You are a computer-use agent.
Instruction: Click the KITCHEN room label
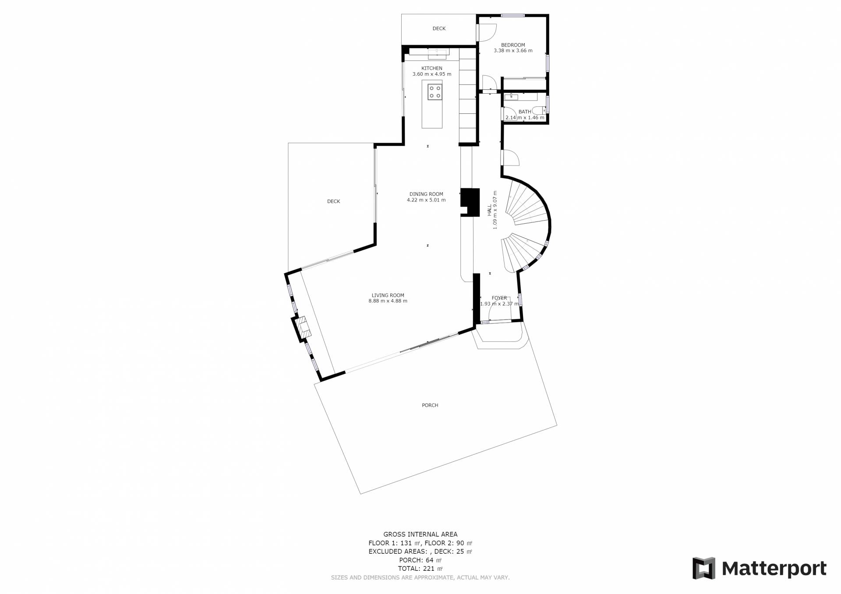pyautogui.click(x=432, y=68)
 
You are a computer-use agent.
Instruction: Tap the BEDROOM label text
pyautogui.click(x=513, y=45)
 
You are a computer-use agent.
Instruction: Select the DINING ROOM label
pyautogui.click(x=426, y=194)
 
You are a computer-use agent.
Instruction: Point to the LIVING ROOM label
pyautogui.click(x=388, y=295)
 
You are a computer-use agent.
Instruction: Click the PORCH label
pyautogui.click(x=430, y=405)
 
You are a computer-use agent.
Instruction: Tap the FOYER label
pyautogui.click(x=499, y=298)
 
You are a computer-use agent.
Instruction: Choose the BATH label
pyautogui.click(x=525, y=112)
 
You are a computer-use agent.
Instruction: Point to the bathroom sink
pyautogui.click(x=511, y=97)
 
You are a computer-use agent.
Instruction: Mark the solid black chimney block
pyautogui.click(x=470, y=202)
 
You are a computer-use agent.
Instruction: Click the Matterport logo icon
pyautogui.click(x=703, y=568)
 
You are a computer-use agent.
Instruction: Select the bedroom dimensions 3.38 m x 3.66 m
pyautogui.click(x=513, y=51)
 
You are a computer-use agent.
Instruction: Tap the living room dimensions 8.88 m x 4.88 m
pyautogui.click(x=388, y=301)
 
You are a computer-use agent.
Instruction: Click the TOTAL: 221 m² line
pyautogui.click(x=420, y=569)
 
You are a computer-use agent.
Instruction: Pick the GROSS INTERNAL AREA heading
pyautogui.click(x=420, y=534)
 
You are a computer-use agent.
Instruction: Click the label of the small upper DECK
pyautogui.click(x=439, y=28)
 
